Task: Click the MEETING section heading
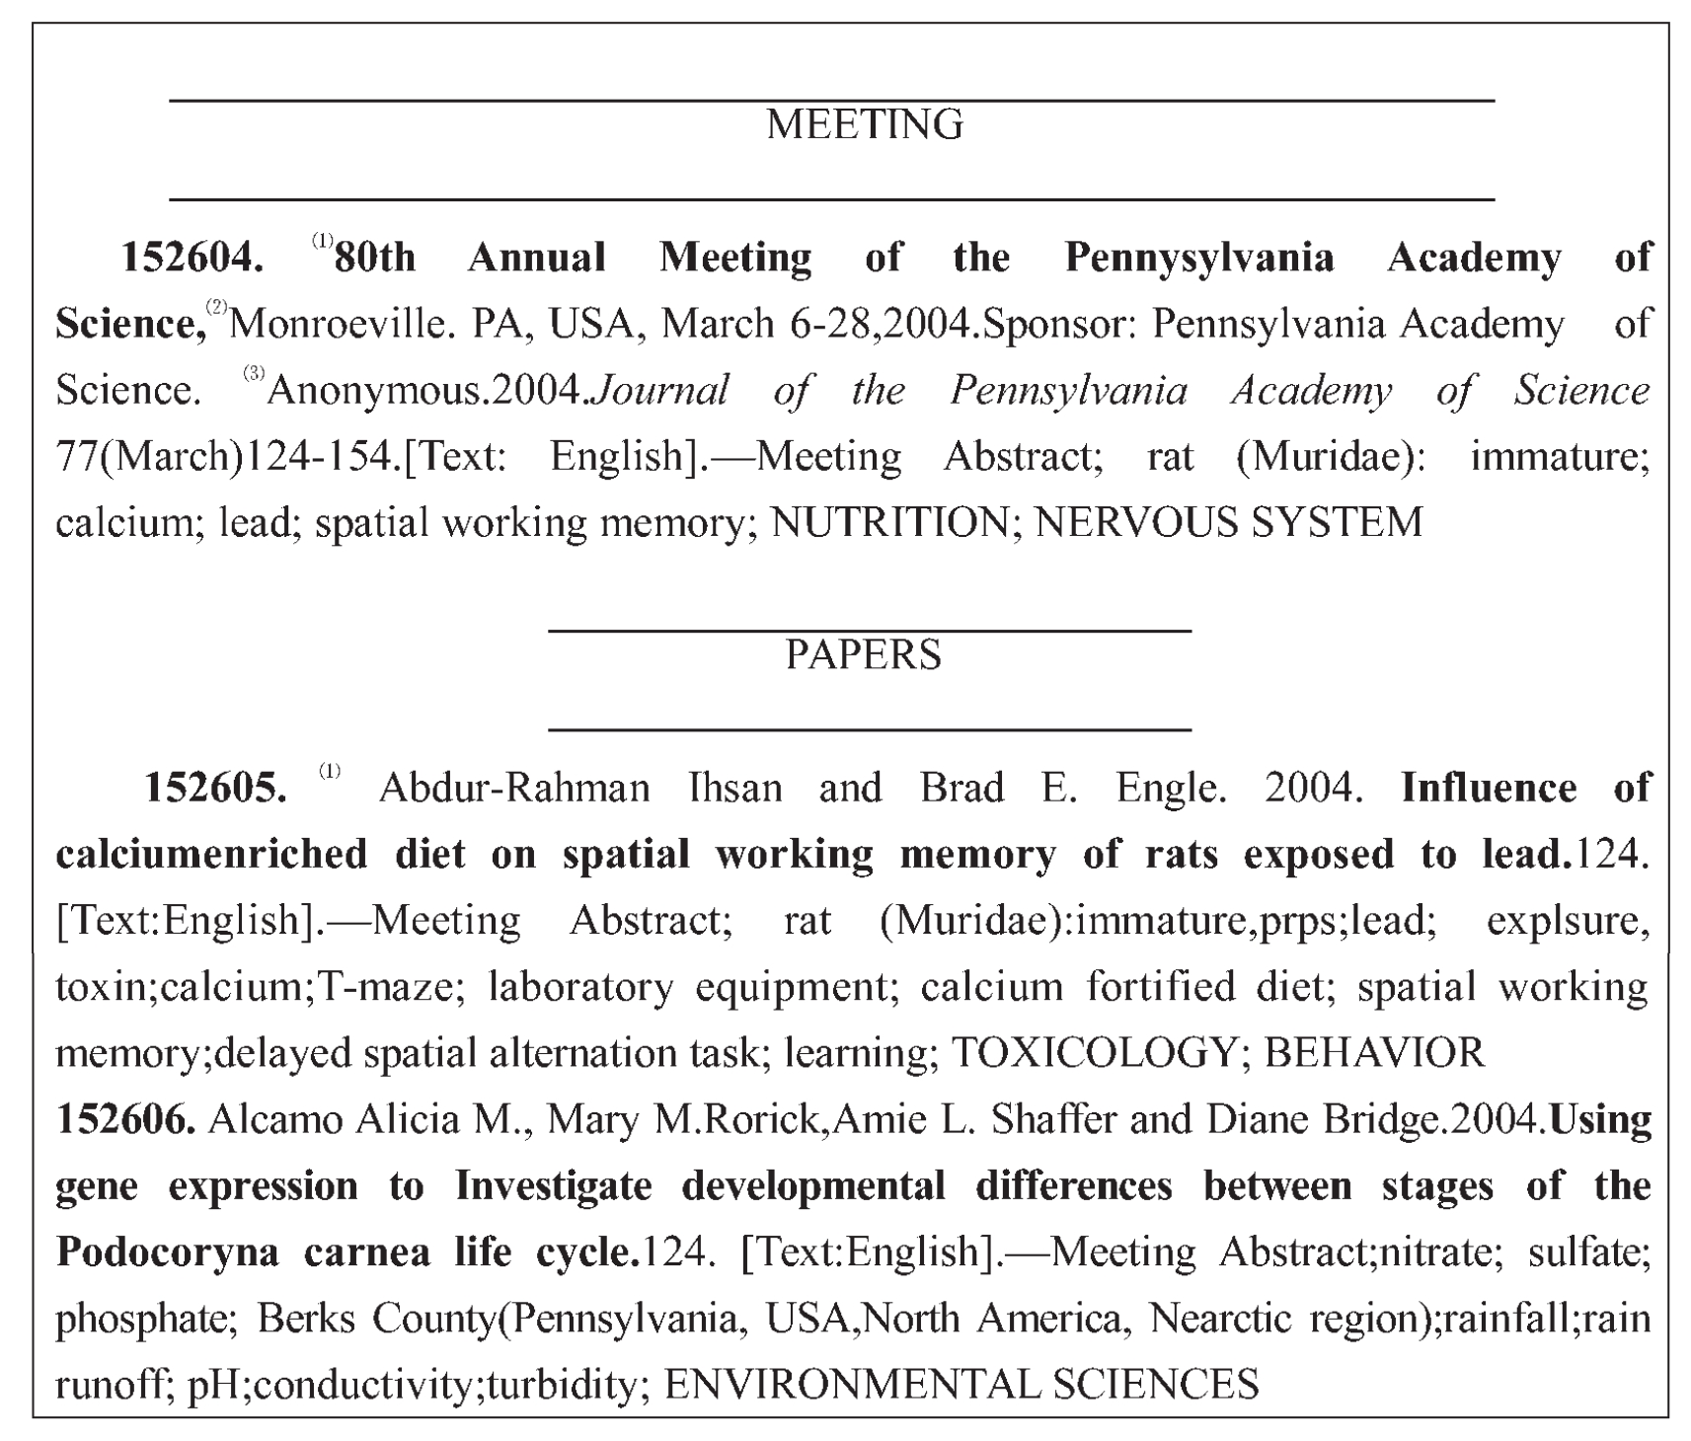pos(864,125)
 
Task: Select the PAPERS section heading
pos(863,655)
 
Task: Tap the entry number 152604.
pos(192,259)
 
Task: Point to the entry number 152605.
pos(216,789)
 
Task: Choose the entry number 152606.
pos(125,1120)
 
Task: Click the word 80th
pos(375,259)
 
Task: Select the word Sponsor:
pos(1055,325)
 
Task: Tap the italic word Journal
pos(660,391)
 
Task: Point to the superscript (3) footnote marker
pos(254,374)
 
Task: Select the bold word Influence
pos(1489,789)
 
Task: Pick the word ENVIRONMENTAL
pos(851,1385)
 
